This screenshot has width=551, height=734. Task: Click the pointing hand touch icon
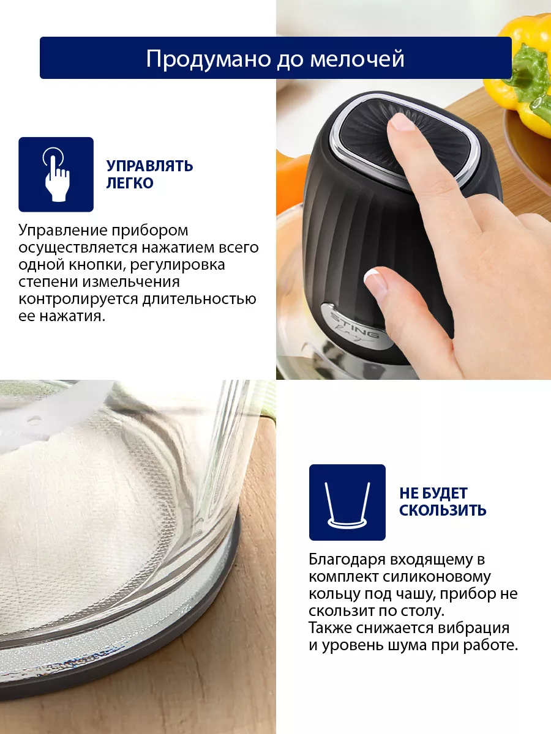(x=56, y=174)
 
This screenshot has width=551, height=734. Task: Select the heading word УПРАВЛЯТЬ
(x=149, y=166)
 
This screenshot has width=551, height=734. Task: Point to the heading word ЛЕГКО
(x=130, y=183)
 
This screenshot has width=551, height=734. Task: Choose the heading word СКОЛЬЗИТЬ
(x=443, y=510)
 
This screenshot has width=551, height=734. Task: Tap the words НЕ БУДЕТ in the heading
(x=433, y=493)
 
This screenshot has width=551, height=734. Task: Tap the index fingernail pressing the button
(x=402, y=121)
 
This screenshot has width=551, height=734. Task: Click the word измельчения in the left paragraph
(x=131, y=283)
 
